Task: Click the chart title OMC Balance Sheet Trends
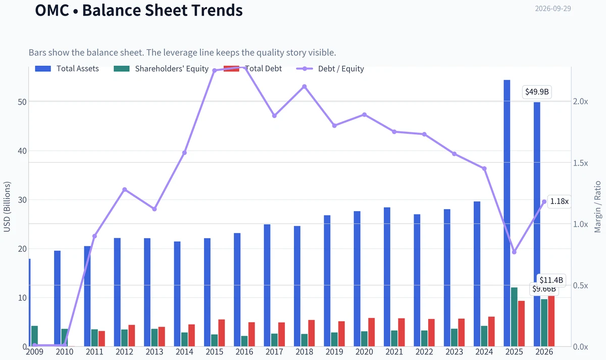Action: point(139,10)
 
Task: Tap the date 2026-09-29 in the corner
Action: point(553,9)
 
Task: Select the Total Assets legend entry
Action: point(67,69)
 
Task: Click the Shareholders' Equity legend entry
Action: point(161,69)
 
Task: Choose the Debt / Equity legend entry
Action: point(330,69)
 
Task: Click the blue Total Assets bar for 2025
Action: point(507,213)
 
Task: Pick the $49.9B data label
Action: point(537,92)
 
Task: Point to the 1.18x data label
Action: point(559,201)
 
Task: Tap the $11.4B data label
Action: point(551,280)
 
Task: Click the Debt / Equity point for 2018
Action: point(305,86)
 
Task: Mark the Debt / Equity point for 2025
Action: point(514,252)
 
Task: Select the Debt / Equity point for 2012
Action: point(124,190)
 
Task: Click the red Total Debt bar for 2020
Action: point(372,332)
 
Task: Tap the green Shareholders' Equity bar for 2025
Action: point(514,317)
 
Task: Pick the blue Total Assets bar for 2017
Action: point(267,285)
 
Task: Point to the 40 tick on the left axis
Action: point(22,151)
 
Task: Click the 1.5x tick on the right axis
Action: point(580,163)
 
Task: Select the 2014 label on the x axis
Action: point(184,352)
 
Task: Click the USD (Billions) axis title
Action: point(7,207)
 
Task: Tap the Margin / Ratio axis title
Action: point(597,207)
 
